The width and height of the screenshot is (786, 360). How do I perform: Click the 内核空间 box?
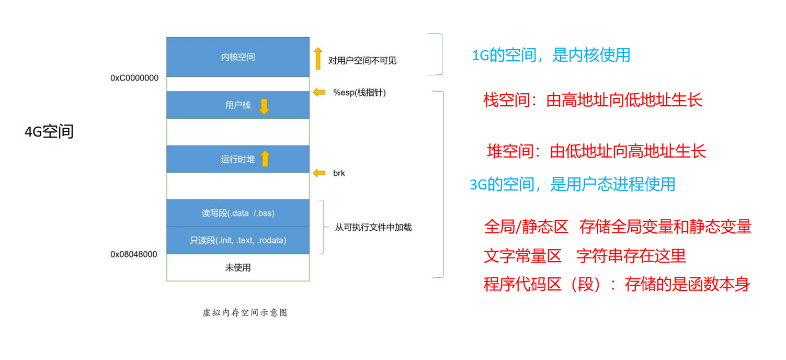[238, 57]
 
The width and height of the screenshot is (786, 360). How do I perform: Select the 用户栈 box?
[238, 105]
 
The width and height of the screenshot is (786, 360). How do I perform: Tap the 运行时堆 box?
[238, 159]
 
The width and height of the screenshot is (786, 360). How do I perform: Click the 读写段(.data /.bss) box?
[238, 213]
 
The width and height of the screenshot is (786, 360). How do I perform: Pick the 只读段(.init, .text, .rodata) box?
[238, 241]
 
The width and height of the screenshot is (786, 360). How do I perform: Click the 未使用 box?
[238, 267]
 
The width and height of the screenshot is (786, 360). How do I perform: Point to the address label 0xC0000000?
[134, 78]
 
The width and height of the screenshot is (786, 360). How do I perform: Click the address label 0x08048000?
[134, 254]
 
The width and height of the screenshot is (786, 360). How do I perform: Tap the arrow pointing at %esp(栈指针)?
[319, 93]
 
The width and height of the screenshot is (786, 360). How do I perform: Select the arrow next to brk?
[319, 173]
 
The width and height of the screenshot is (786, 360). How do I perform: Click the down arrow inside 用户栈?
[264, 106]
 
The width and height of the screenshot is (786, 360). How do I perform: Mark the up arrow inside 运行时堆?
[265, 159]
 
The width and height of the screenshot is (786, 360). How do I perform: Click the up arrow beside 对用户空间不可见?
[318, 58]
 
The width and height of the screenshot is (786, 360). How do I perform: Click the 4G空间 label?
[49, 132]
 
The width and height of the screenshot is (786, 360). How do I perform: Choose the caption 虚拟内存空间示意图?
[245, 313]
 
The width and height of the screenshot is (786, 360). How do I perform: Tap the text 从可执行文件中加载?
[373, 228]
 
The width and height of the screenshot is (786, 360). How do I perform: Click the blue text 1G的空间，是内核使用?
[551, 55]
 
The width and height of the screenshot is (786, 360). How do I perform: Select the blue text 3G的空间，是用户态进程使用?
[573, 184]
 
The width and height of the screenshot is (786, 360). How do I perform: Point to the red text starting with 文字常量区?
[585, 256]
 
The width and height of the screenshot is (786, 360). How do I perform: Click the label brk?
[339, 173]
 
